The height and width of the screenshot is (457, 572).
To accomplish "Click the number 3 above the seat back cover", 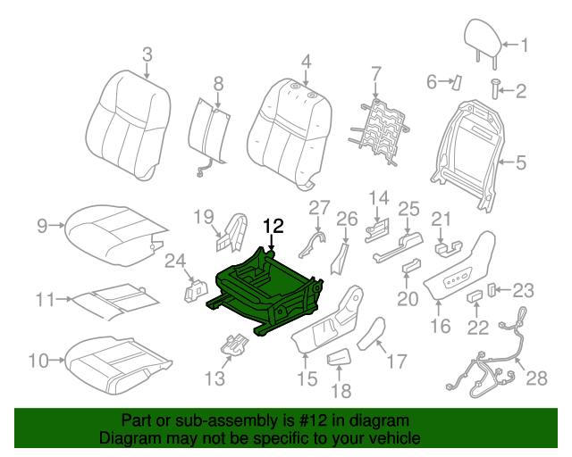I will (147, 55).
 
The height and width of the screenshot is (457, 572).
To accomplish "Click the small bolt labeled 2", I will (494, 87).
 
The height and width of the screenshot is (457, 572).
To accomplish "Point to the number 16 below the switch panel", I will (440, 327).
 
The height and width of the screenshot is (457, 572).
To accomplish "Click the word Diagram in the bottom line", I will (126, 438).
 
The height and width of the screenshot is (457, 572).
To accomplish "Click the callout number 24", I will (175, 262).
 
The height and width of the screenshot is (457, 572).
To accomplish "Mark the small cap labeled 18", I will (341, 359).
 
